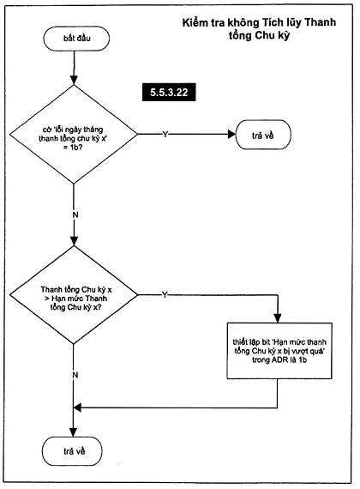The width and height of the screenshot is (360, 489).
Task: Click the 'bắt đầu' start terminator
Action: click(76, 39)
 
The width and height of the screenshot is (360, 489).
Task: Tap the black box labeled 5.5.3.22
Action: click(169, 93)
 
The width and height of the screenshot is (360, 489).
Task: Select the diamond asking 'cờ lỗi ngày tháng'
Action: click(74, 134)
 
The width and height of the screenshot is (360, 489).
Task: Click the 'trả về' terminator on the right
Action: click(263, 135)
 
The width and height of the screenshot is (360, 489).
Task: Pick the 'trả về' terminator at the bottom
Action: click(72, 451)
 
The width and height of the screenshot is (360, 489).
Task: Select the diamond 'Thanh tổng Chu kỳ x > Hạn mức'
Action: click(74, 295)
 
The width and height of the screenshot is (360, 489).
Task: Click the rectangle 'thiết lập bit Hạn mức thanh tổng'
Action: click(279, 351)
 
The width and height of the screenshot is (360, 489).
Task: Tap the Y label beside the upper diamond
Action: click(165, 134)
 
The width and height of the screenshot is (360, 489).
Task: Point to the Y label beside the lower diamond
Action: click(165, 295)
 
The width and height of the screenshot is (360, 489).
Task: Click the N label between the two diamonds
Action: click(75, 214)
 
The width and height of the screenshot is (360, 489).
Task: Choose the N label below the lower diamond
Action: click(75, 375)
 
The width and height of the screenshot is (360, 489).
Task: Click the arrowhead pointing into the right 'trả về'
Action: click(232, 134)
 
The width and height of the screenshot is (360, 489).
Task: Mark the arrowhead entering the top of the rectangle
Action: click(277, 318)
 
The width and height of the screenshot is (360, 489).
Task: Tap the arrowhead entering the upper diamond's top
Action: click(74, 80)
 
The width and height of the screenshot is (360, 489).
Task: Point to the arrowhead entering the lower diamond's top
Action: click(74, 241)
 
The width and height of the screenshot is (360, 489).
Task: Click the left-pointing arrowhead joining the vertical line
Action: click(78, 407)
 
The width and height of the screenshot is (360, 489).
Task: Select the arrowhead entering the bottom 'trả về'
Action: click(73, 432)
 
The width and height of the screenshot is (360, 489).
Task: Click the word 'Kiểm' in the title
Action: click(193, 22)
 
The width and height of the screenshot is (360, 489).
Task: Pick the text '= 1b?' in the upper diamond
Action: click(73, 147)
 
